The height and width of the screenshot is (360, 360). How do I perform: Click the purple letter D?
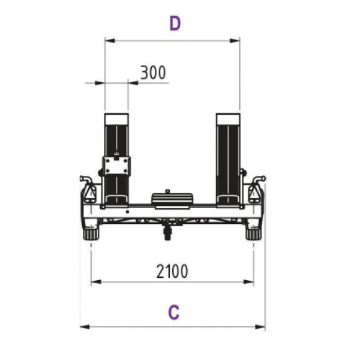[175, 23]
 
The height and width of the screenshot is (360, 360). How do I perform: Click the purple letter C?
[174, 313]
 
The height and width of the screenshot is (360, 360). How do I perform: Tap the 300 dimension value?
[153, 73]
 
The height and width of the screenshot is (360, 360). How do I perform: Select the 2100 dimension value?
[172, 271]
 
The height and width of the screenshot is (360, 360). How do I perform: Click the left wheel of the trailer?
[91, 234]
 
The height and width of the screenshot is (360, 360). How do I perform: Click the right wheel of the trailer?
[253, 234]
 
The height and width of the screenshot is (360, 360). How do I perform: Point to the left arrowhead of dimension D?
[110, 41]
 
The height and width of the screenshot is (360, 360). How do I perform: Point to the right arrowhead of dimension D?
[235, 41]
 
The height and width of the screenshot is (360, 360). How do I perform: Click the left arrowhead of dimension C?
[85, 327]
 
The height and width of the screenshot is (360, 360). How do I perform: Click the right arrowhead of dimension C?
[260, 327]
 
